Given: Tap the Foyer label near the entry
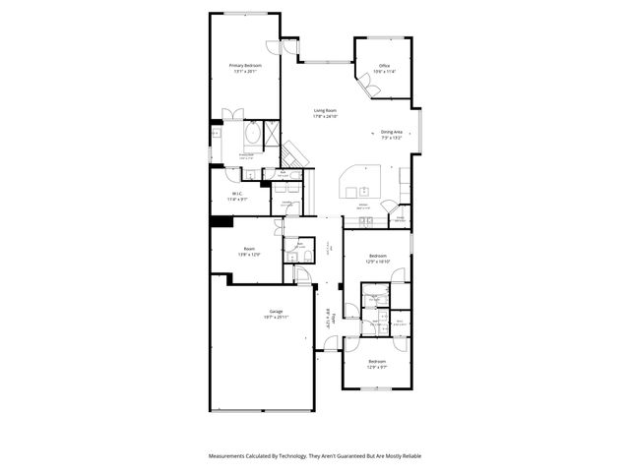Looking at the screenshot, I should (334, 318).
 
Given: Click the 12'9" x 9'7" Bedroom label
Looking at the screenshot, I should (377, 363).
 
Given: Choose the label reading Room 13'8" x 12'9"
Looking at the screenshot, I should (250, 251).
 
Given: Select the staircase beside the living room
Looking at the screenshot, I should (294, 152).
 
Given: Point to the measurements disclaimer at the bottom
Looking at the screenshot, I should (314, 456).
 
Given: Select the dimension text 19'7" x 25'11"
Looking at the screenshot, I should (262, 318).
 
